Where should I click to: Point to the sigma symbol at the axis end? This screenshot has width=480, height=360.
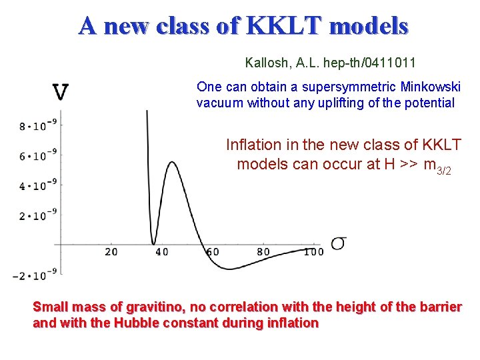pyautogui.click(x=338, y=243)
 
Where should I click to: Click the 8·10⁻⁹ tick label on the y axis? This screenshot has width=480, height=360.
pyautogui.click(x=33, y=125)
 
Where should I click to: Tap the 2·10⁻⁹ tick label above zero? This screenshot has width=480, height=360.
pyautogui.click(x=33, y=215)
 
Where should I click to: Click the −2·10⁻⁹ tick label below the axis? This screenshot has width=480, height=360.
pyautogui.click(x=29, y=275)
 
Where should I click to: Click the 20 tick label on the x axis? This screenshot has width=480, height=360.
pyautogui.click(x=111, y=252)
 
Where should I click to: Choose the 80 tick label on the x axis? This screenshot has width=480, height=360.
pyautogui.click(x=263, y=252)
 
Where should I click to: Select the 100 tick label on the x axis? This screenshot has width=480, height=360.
pyautogui.click(x=313, y=252)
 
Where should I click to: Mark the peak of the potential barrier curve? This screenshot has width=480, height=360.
pyautogui.click(x=173, y=162)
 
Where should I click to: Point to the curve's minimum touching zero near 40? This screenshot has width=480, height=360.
pyautogui.click(x=154, y=244)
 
